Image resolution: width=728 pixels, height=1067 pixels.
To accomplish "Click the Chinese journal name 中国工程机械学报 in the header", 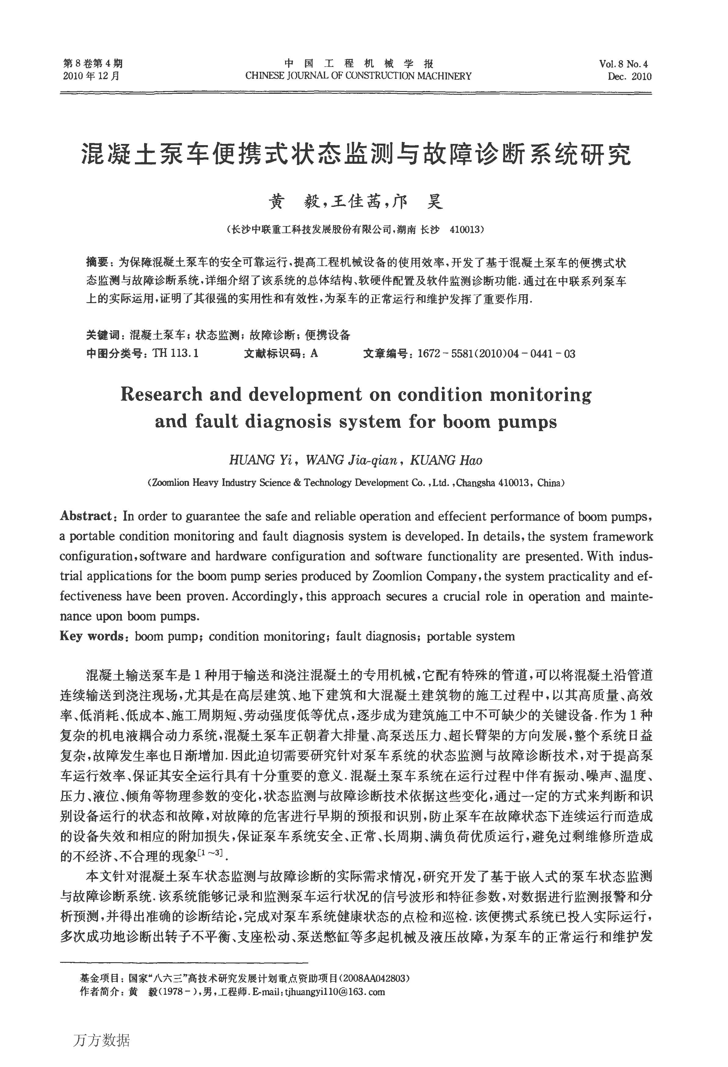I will (x=358, y=64).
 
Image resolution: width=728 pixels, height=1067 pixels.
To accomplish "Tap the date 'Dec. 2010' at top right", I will (x=629, y=76).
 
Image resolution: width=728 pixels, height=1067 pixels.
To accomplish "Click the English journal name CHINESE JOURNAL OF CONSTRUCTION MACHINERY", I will (x=358, y=76).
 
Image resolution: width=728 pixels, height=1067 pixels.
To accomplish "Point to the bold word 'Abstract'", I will (x=86, y=516).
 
